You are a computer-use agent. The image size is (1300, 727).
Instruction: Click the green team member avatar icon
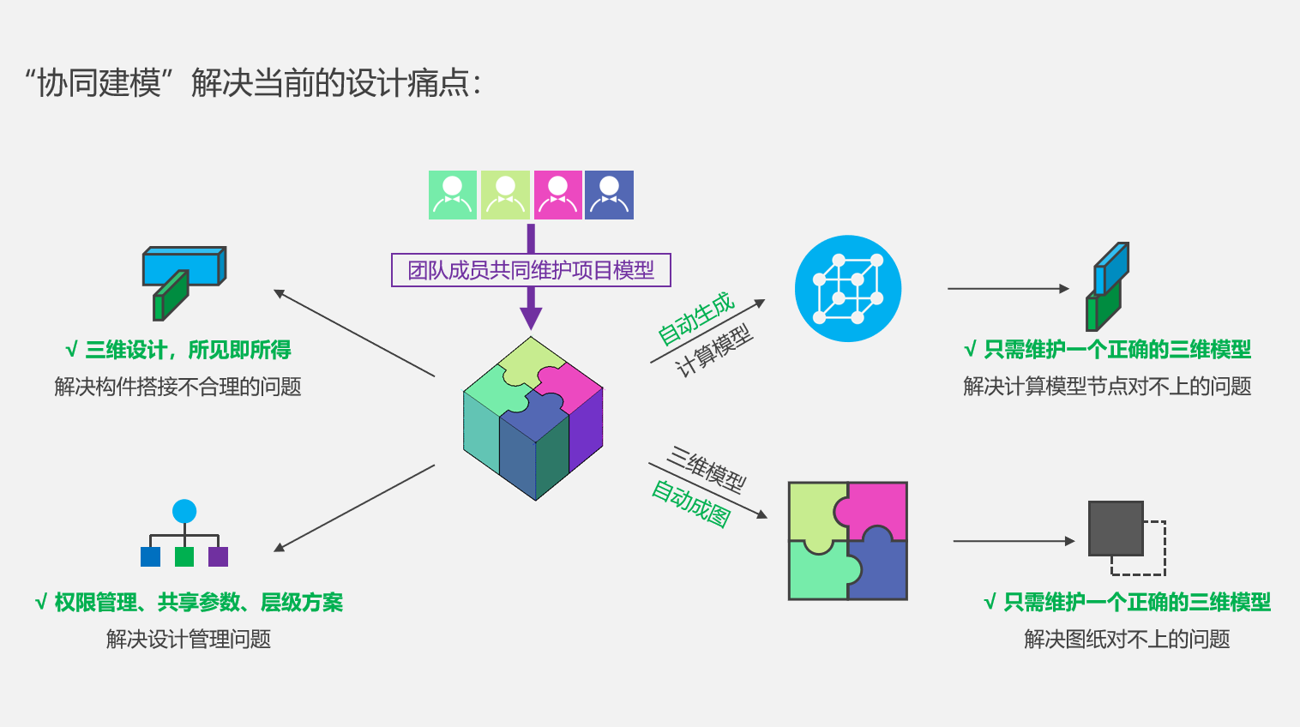pos(453,195)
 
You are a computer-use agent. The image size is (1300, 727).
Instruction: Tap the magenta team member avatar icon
pos(558,195)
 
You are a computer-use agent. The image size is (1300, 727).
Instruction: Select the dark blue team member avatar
pos(609,195)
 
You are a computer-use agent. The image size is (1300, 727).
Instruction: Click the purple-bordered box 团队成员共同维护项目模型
pos(531,270)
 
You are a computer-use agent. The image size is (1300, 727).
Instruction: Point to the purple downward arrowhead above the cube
pos(531,318)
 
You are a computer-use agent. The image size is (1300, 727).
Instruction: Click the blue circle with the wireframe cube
pos(848,289)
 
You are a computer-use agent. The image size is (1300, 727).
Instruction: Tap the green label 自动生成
pos(695,317)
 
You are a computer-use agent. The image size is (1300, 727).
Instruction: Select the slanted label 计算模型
pos(713,350)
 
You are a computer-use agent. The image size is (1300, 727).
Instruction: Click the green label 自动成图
pos(690,503)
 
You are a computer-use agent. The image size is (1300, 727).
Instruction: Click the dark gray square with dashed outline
pos(1116,528)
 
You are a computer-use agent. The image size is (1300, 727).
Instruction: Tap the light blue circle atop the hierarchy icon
pos(184,511)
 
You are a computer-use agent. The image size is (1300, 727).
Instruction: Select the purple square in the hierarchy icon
pos(219,556)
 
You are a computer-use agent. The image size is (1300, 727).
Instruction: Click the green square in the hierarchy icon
pos(184,556)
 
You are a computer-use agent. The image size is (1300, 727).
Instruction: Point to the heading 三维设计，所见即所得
pos(178,350)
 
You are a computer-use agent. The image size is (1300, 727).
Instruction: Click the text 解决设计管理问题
pos(189,639)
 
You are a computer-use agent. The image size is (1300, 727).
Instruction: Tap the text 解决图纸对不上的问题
pos(1127,639)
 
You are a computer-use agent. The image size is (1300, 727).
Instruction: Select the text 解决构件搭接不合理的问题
pos(178,387)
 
